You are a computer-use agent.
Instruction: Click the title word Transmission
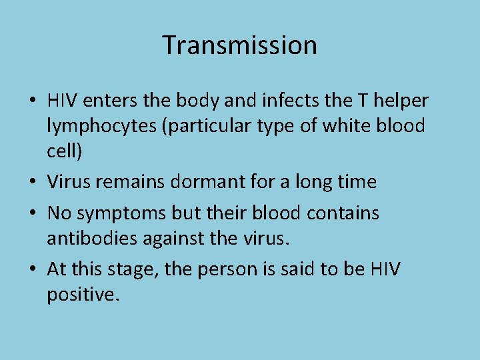click(239, 45)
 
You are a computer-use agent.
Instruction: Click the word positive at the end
click(83, 294)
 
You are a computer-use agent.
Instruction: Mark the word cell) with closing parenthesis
click(65, 151)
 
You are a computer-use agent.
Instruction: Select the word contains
click(341, 213)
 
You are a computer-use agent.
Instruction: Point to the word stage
click(127, 269)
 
